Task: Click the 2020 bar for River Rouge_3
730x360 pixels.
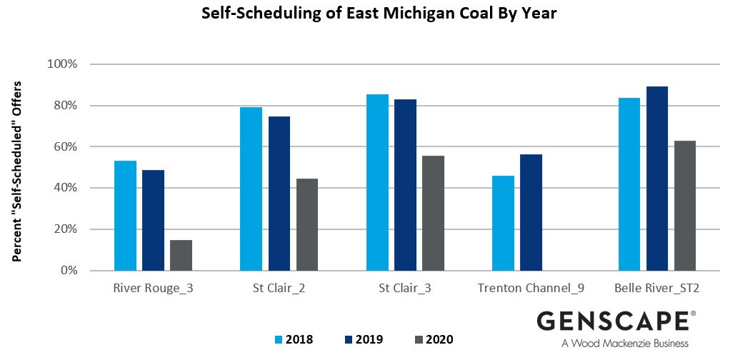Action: point(181,255)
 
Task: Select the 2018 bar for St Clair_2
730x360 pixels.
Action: point(251,189)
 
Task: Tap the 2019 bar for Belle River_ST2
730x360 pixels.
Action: point(657,179)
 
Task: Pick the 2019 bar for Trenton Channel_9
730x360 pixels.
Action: point(531,212)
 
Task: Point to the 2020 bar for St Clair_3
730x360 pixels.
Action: point(433,213)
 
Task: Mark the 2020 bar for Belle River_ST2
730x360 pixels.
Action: point(684,206)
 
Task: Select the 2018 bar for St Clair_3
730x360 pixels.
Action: point(377,182)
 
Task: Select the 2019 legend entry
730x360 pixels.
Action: point(364,339)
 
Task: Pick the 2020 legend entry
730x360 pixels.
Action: point(433,339)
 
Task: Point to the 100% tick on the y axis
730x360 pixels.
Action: point(62,64)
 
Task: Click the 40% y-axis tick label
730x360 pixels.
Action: point(64,188)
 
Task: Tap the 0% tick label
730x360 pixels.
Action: point(67,271)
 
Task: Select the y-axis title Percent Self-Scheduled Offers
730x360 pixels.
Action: point(17,171)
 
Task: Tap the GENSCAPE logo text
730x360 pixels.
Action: point(612,321)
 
